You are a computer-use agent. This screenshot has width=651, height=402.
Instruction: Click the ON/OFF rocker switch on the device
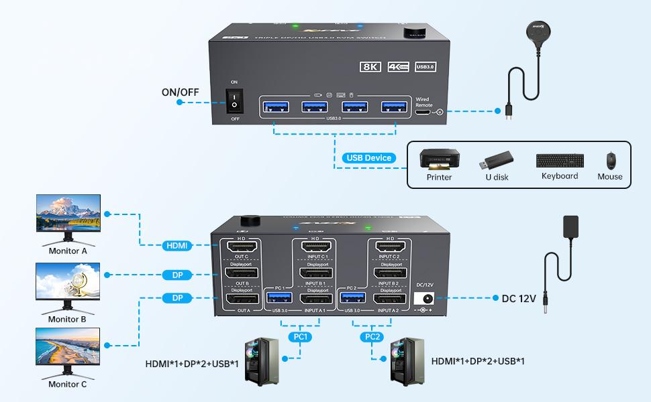(x=234, y=100)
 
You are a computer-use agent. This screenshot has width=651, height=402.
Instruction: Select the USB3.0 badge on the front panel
(x=425, y=67)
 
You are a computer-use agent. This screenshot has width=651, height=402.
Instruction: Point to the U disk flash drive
(x=497, y=161)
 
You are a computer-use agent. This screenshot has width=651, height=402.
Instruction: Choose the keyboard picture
(x=559, y=161)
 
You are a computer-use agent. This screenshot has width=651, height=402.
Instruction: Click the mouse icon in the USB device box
(x=610, y=161)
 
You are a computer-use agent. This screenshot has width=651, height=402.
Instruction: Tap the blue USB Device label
(x=368, y=158)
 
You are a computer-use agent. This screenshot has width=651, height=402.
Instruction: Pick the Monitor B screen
(x=68, y=281)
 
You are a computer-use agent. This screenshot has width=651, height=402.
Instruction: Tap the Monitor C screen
(x=68, y=346)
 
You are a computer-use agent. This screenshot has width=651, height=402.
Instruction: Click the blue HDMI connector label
(x=176, y=247)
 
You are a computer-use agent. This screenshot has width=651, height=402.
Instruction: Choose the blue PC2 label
(x=370, y=336)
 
